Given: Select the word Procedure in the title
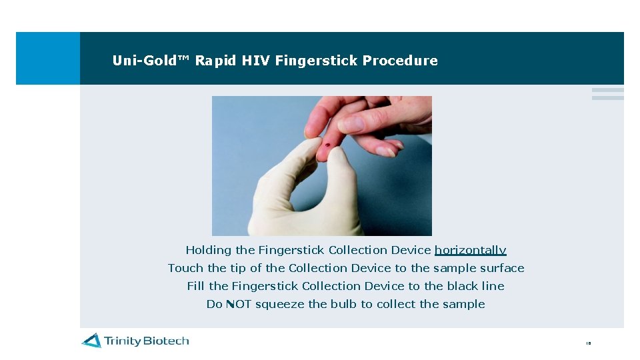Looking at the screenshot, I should click(400, 61).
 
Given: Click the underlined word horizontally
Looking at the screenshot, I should click(470, 251).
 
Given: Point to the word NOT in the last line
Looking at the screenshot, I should click(238, 305).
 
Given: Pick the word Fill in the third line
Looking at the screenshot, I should click(196, 287).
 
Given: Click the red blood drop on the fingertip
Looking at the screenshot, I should click(327, 145).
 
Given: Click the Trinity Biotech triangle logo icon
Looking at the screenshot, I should click(91, 341).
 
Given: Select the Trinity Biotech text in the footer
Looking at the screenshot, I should click(146, 341).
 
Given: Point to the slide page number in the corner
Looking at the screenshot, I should click(588, 343).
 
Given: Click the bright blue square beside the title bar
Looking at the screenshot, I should click(47, 58).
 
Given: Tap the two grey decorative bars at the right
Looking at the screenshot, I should click(607, 94).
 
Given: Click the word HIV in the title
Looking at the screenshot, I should click(256, 61).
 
